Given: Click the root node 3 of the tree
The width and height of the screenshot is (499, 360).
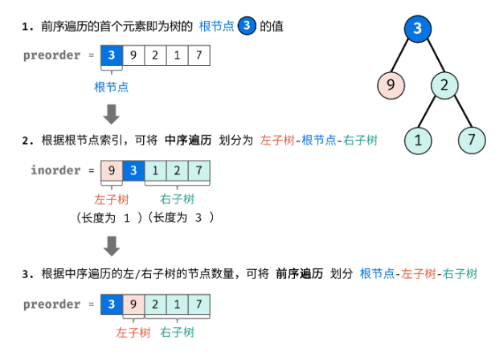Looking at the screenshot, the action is [x=417, y=29].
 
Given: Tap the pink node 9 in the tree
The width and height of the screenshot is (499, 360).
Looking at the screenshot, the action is [x=389, y=84].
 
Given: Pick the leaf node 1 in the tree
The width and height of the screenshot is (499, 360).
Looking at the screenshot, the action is [x=417, y=140].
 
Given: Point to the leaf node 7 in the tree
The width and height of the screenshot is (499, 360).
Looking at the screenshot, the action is [x=472, y=140].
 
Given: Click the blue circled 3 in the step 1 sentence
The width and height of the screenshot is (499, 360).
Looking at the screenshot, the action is [x=247, y=27].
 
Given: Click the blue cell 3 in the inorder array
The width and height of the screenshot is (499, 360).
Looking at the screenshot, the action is [x=133, y=170].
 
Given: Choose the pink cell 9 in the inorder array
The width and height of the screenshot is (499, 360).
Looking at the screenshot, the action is [x=112, y=170].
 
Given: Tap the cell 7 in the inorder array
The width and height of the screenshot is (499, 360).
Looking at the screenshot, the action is [x=198, y=170].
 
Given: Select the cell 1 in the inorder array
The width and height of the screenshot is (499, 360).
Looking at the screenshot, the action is [x=155, y=170].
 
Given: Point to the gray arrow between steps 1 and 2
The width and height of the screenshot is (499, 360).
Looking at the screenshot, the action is [x=112, y=113].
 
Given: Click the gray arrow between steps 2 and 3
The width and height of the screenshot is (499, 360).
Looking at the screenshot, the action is [x=112, y=247].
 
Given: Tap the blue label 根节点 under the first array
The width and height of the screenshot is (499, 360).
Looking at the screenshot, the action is [x=112, y=86].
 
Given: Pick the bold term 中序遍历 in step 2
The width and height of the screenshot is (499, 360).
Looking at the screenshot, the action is [x=188, y=140].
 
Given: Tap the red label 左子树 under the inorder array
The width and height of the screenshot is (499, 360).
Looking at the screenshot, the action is [x=112, y=199].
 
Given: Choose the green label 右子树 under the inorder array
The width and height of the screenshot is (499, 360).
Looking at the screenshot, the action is [x=177, y=199].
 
